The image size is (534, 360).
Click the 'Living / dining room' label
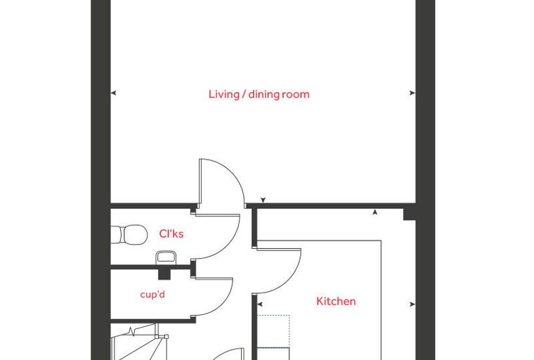pyautogui.click(x=259, y=94)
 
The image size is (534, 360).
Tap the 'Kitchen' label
pyautogui.click(x=336, y=301)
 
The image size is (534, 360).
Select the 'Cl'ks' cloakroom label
pyautogui.click(x=171, y=233)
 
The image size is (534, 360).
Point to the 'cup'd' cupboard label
pyautogui.click(x=152, y=294)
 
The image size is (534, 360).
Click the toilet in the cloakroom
pyautogui.click(x=129, y=234)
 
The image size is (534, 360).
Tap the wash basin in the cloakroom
pyautogui.click(x=166, y=257)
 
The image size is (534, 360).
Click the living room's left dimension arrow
pyautogui.click(x=114, y=93)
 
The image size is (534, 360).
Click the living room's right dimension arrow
pyautogui.click(x=412, y=93)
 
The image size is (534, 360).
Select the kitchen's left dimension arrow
pyautogui.click(x=260, y=304)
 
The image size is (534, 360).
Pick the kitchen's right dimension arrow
pyautogui.click(x=412, y=304)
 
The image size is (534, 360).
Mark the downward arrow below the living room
pyautogui.click(x=263, y=200)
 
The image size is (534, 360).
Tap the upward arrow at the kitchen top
pyautogui.click(x=375, y=212)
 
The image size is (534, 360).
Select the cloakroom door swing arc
pyautogui.click(x=232, y=242)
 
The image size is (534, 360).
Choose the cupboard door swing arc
pyautogui.click(x=225, y=302)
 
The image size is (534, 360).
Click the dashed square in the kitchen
pyautogui.click(x=273, y=331)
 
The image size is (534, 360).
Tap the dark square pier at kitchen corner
pyautogui.click(x=410, y=214)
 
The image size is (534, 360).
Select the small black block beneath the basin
pyautogui.click(x=164, y=274)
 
